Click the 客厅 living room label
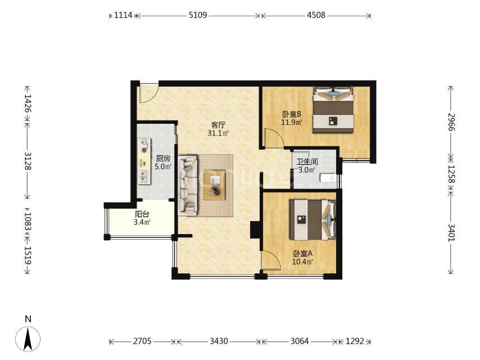[x=218, y=125]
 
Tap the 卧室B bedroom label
[x=292, y=114]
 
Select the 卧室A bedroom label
[x=303, y=254]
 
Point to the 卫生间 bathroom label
[x=307, y=162]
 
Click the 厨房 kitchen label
[x=163, y=159]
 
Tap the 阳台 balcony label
[x=142, y=214]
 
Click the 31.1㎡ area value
[x=218, y=133]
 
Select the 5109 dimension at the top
[x=198, y=15]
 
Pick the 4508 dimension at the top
[x=316, y=15]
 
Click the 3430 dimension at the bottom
[x=219, y=341]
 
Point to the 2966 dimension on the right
[x=451, y=122]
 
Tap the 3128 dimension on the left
[x=28, y=161]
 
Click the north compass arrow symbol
[x=28, y=339]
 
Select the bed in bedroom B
[x=333, y=110]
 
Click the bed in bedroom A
[x=313, y=220]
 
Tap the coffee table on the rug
[x=215, y=185]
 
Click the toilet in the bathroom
[x=328, y=178]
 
